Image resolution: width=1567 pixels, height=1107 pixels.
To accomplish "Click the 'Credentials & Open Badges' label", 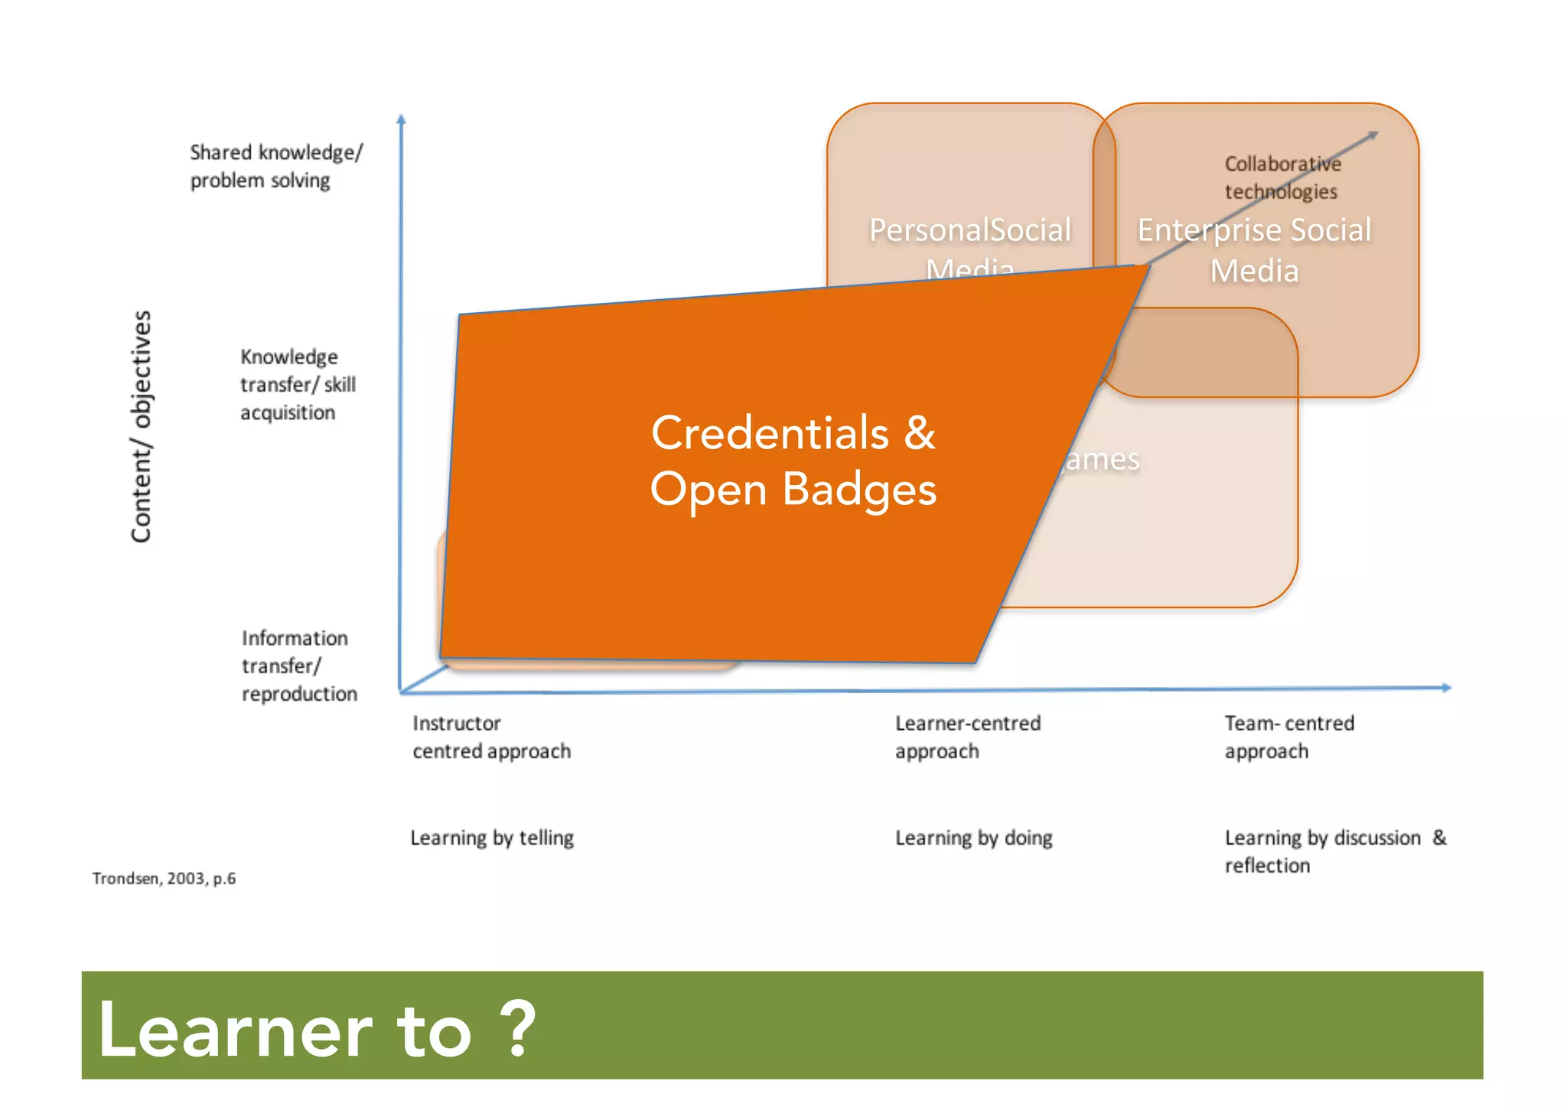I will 793,461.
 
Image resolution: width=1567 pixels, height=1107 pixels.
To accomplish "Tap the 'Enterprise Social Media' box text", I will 1254,250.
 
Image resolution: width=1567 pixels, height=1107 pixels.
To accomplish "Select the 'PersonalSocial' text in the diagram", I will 969,230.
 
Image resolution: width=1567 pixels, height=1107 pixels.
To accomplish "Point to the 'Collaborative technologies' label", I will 1282,177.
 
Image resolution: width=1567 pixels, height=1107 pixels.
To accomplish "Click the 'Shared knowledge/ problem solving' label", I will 275,166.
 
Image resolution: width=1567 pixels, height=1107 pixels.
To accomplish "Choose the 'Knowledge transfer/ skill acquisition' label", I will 298,385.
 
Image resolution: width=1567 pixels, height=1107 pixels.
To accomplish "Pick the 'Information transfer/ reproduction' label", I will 299,666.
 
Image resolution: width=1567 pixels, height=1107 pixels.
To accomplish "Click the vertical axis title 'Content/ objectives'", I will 142,426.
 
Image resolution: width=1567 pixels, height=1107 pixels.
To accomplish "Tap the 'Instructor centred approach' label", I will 491,737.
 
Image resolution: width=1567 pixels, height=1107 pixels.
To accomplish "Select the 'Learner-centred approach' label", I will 967,737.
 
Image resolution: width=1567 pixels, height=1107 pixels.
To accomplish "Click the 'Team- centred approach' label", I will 1288,737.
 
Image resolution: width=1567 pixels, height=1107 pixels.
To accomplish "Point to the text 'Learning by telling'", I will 491,838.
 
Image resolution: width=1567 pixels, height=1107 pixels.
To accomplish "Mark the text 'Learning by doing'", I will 973,838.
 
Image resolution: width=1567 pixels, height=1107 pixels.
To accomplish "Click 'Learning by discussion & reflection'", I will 1334,851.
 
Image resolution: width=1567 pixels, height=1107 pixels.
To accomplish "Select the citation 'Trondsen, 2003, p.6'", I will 164,878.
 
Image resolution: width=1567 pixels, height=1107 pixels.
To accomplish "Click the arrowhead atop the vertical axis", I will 401,119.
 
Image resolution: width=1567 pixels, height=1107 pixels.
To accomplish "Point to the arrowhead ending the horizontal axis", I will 1446,688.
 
